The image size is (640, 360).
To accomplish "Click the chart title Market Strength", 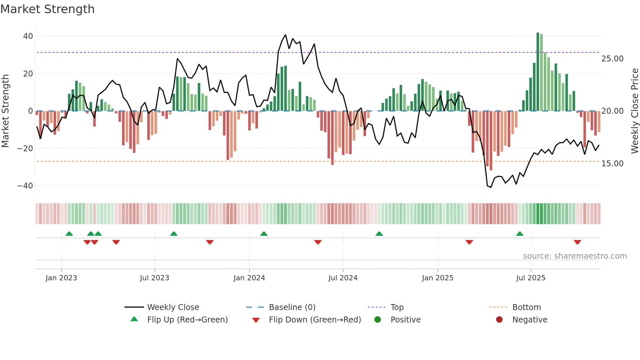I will click(47, 9).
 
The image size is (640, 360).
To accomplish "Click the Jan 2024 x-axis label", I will click(249, 278).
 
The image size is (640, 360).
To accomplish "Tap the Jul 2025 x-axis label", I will click(531, 278).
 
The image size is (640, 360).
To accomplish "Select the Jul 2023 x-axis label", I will click(154, 278).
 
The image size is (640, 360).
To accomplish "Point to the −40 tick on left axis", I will click(25, 186).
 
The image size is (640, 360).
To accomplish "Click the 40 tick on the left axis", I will click(28, 36).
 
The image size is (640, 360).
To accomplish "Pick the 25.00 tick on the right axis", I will click(612, 59).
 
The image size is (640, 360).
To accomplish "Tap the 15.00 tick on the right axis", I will click(612, 164).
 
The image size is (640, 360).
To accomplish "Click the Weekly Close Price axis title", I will click(634, 111).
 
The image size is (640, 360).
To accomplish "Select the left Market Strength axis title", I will click(5, 111).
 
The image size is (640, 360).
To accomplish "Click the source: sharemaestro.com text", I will click(575, 256).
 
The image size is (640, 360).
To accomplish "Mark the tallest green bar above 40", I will click(538, 72).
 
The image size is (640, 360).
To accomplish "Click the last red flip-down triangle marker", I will click(577, 242).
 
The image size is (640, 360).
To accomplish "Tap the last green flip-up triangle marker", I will click(520, 234).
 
